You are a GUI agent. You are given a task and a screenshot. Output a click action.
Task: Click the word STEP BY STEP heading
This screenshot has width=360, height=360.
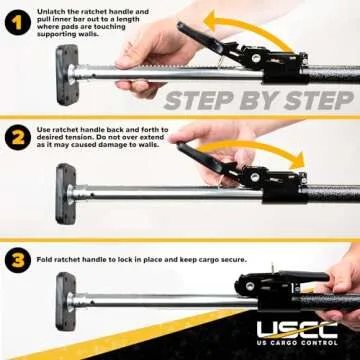(x=257, y=100)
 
